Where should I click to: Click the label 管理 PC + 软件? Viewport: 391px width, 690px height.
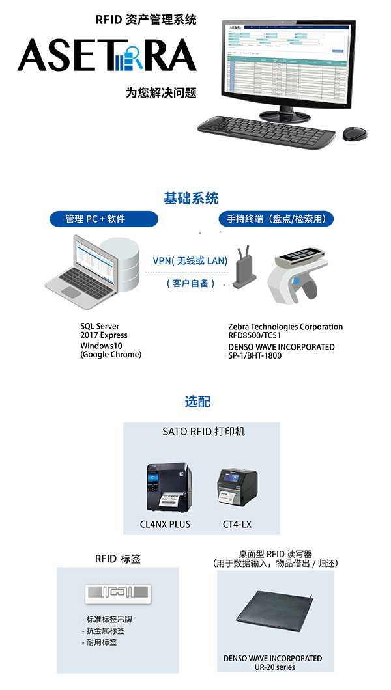tap(95, 219)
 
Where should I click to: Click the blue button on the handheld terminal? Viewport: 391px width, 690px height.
tap(297, 281)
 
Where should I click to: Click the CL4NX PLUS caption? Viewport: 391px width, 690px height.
tap(165, 524)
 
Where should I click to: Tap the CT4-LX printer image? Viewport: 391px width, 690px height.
tap(237, 491)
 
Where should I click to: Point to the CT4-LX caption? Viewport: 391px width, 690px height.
tap(237, 524)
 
